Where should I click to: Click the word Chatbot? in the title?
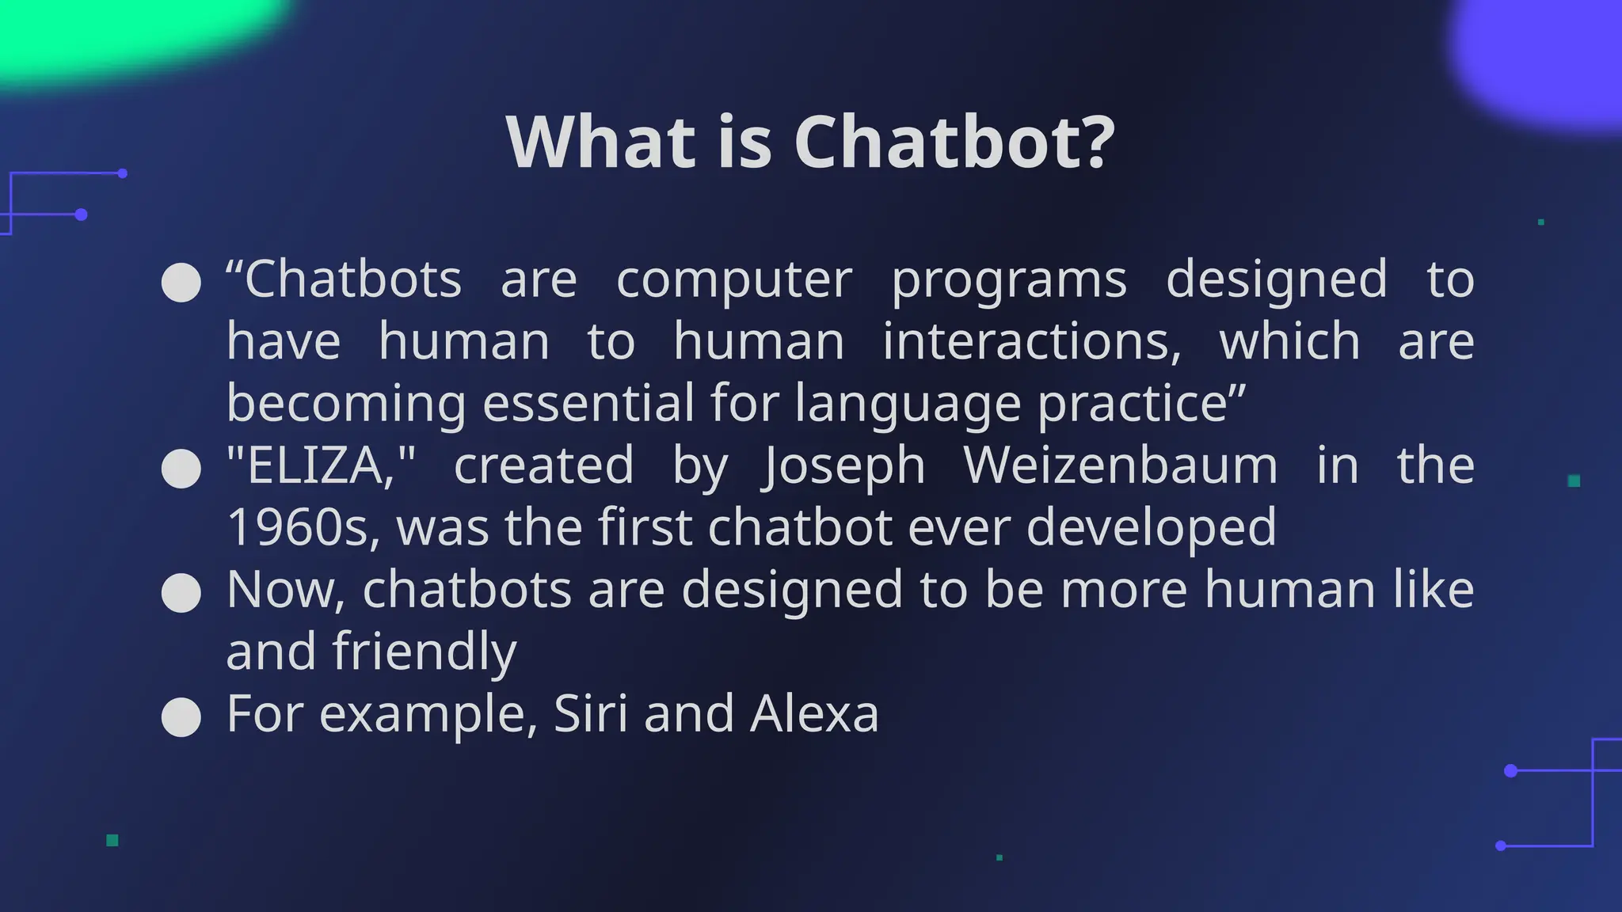(954, 142)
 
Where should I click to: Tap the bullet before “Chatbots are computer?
(181, 283)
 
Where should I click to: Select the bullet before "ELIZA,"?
(181, 469)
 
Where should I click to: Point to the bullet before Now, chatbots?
(181, 593)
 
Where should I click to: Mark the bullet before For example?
(181, 717)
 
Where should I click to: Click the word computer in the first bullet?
(734, 280)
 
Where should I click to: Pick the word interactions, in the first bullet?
(1031, 342)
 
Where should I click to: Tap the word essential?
(588, 403)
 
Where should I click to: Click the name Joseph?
(843, 466)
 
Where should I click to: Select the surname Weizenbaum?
(1121, 465)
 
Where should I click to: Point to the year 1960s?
(303, 527)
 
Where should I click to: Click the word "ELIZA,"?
(321, 465)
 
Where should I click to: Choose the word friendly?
(425, 652)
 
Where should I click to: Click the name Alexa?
(814, 713)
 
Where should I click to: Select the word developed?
(1151, 529)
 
